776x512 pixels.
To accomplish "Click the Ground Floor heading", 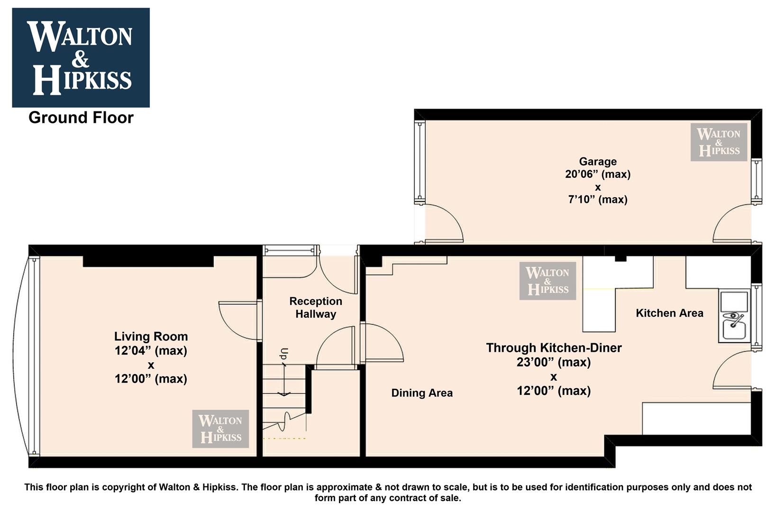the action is click(81, 118).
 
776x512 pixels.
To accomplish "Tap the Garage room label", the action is click(598, 162).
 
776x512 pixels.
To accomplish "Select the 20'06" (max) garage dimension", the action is click(598, 174).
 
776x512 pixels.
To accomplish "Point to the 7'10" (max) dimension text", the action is click(598, 200).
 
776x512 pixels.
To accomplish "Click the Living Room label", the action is click(151, 337).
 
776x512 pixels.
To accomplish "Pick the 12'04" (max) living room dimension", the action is click(151, 350).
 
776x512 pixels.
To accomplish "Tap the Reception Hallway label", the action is click(316, 308).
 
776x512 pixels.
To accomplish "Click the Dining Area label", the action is click(422, 393).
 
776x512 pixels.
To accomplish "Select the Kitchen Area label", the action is click(670, 313).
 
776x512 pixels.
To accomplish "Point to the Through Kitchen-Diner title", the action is click(554, 348).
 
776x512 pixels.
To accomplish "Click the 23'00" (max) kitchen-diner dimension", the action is click(554, 362).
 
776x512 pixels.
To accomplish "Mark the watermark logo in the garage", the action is click(719, 142).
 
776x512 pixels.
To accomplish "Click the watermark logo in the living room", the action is click(220, 429).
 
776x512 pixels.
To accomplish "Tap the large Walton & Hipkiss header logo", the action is click(81, 57).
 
